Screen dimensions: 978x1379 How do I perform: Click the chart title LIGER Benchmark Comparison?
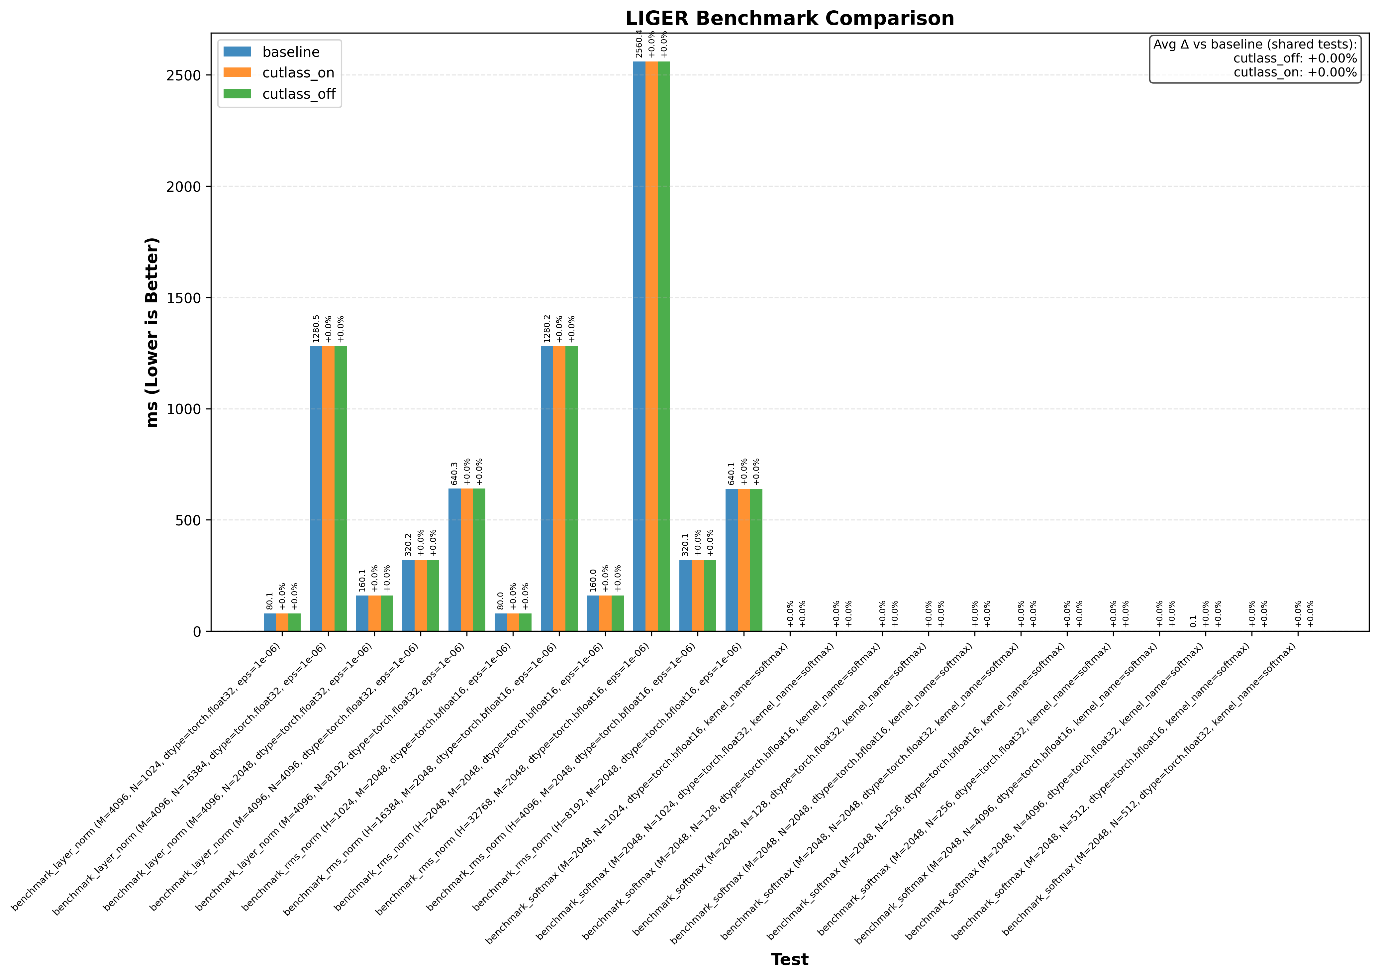coord(789,19)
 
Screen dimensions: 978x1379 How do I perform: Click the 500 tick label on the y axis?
coord(188,520)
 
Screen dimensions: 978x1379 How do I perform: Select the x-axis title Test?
coord(789,959)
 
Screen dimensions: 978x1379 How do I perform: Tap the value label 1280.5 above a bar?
coord(316,329)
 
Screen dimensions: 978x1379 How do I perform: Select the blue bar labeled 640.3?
coord(454,560)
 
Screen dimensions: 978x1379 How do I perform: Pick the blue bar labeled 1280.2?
coord(546,489)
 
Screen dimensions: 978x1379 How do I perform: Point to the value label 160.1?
coord(362,581)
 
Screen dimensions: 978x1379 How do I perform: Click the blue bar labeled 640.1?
coord(731,560)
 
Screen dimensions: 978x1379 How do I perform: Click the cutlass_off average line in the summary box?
coord(1295,58)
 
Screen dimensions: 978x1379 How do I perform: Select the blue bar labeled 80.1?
coord(270,622)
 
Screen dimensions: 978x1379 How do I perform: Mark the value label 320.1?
coord(685,544)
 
